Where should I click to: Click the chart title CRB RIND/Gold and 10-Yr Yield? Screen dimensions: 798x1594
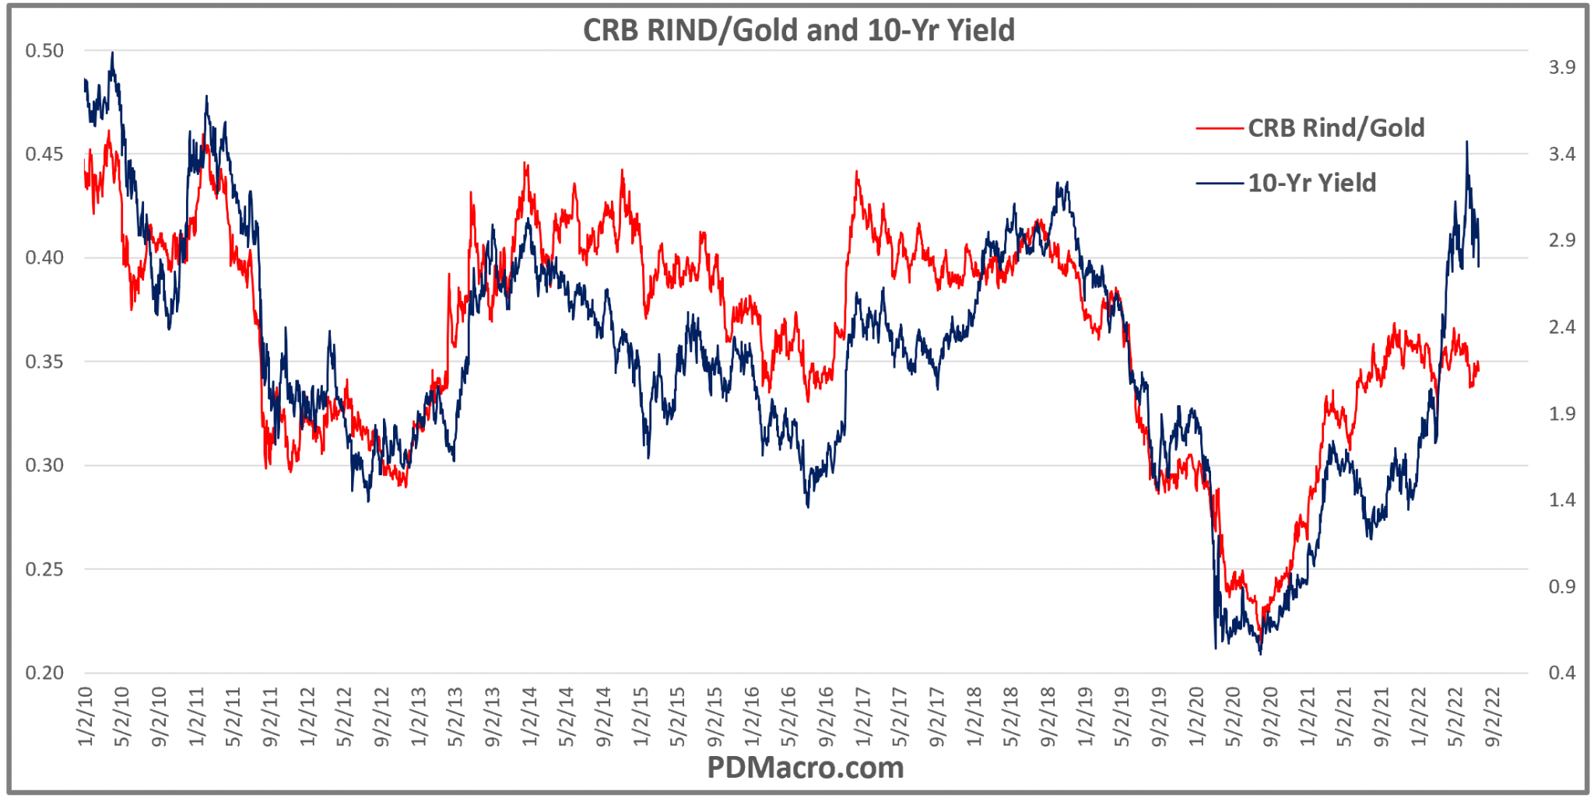[799, 30]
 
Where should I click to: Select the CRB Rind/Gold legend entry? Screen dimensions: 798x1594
[1336, 128]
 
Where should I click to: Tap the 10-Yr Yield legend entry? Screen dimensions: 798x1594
[1311, 183]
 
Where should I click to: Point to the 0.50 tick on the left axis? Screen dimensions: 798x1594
[44, 51]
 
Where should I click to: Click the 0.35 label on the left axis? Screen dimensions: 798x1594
[44, 362]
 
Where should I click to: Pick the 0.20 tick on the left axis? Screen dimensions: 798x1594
[44, 673]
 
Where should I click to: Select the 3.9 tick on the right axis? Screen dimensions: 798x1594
[1561, 68]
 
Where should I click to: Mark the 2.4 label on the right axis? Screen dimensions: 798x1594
[1561, 327]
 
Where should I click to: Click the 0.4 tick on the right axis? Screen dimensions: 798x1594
[1561, 673]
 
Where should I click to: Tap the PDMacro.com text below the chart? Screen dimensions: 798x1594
[805, 768]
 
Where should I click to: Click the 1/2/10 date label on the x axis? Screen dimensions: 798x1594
[86, 716]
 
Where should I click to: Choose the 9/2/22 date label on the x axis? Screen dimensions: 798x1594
[1492, 716]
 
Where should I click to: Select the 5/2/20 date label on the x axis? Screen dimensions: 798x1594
[1234, 716]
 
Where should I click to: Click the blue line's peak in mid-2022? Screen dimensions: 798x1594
[1466, 142]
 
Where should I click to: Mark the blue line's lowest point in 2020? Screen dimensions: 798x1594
[1260, 653]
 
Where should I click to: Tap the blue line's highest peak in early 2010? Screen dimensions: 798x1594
[113, 53]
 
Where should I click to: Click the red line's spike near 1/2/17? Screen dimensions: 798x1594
[857, 172]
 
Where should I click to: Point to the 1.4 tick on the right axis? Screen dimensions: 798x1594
[1561, 500]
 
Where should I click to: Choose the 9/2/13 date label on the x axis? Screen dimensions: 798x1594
[493, 716]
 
